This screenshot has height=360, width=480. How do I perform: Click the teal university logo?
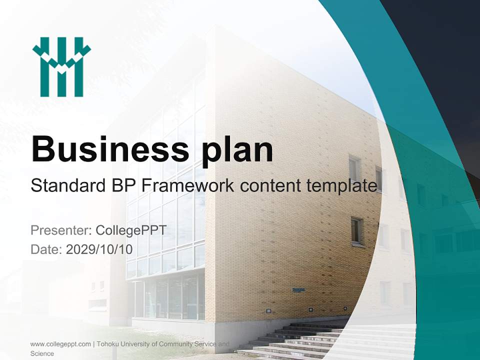[x=61, y=67]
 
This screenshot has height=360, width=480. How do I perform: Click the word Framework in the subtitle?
[x=187, y=186]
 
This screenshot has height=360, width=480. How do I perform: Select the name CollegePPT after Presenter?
[x=131, y=230]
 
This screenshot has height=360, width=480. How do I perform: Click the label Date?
[x=46, y=249]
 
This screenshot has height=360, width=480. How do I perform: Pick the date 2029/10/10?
[x=99, y=249]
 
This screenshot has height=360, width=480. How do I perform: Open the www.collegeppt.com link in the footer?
[x=60, y=344]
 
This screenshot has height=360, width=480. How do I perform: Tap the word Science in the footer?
[x=42, y=353]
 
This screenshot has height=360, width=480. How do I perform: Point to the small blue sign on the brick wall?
[x=298, y=289]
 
